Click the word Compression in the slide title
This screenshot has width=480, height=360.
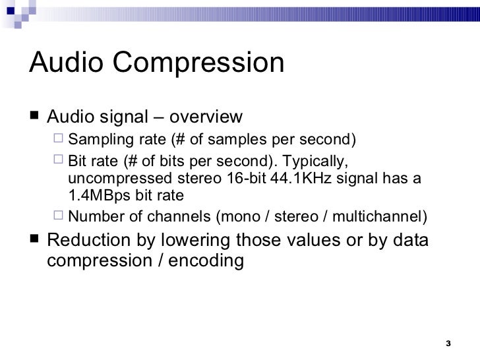click(x=203, y=64)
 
